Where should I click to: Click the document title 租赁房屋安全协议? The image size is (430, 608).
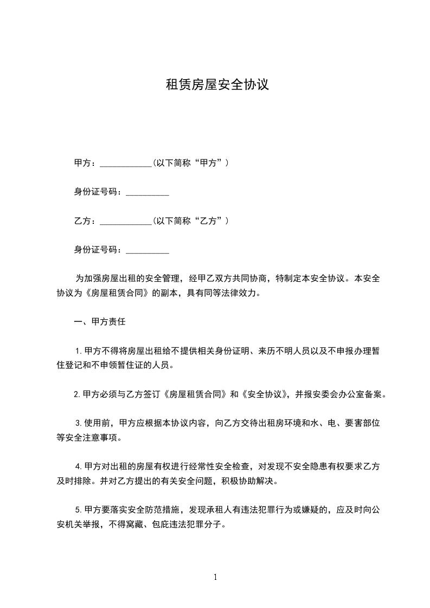[217, 85]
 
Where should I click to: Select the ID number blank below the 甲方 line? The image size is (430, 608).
[147, 193]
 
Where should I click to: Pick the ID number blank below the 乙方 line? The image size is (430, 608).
[147, 251]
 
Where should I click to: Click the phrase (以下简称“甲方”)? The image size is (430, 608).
[190, 163]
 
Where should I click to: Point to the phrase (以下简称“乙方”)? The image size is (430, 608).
[190, 221]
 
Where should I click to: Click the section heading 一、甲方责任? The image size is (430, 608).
[99, 322]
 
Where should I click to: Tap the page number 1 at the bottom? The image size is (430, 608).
[215, 577]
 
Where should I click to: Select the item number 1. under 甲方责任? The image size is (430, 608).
[79, 351]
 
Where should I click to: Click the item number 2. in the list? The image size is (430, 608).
[77, 394]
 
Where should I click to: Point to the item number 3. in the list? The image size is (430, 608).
[79, 424]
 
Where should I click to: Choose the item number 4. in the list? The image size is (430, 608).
[79, 467]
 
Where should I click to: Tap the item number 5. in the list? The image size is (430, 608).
[79, 510]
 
